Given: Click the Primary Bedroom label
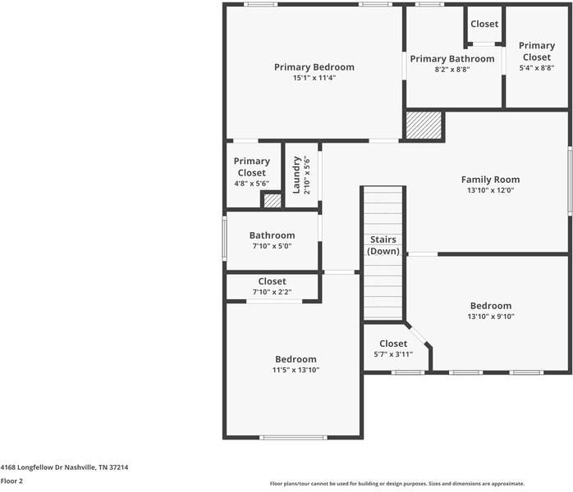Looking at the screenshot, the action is [x=314, y=67].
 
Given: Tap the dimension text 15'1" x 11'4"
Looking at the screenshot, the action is [x=314, y=78].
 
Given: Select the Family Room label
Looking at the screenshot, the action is [x=490, y=180].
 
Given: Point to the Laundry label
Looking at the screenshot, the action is [x=296, y=175].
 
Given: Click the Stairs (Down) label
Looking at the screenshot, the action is [x=383, y=245].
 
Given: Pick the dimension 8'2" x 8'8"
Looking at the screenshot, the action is [x=452, y=70].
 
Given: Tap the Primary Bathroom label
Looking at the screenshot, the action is [x=452, y=59].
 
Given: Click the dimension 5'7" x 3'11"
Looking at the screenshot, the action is [x=393, y=354].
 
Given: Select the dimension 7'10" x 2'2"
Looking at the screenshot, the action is [x=272, y=292].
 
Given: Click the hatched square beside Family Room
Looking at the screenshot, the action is [x=424, y=125].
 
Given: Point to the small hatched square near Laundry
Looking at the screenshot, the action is [x=273, y=201].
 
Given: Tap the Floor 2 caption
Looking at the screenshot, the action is [x=11, y=481].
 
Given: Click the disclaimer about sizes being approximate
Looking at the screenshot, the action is [x=397, y=484].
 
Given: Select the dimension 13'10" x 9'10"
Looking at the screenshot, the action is [x=491, y=317].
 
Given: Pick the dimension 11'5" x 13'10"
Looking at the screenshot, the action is [x=296, y=370].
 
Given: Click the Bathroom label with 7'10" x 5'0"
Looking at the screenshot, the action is [x=272, y=235].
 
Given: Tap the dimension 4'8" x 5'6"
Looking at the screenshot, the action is [x=251, y=183].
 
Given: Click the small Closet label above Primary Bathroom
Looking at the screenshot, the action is [x=484, y=24].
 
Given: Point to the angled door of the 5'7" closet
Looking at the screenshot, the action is [x=417, y=334].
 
